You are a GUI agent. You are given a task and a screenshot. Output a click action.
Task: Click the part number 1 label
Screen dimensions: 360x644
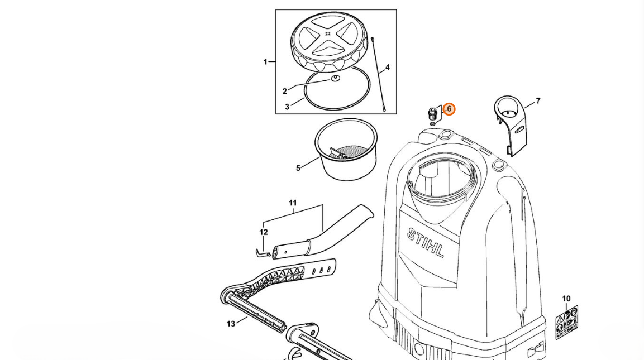tap(265, 62)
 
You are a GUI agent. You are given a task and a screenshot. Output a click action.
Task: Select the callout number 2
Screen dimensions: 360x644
tap(285, 91)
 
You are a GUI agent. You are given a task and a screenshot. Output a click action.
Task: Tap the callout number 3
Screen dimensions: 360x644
tap(287, 106)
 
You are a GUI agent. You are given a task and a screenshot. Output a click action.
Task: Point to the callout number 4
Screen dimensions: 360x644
tap(387, 68)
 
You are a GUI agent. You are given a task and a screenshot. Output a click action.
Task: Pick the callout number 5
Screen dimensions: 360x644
tap(298, 167)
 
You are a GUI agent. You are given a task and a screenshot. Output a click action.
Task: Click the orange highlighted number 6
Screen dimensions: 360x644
tap(449, 109)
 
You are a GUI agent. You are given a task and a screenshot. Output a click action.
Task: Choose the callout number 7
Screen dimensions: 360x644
tap(538, 101)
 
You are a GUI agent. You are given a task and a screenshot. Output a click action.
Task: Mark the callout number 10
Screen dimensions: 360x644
tap(566, 299)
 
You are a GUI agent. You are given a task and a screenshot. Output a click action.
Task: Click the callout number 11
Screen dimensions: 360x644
tap(293, 203)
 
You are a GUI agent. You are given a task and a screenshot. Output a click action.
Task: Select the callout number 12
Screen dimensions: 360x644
tap(264, 232)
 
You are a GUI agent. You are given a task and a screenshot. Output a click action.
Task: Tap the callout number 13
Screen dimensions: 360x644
tap(231, 324)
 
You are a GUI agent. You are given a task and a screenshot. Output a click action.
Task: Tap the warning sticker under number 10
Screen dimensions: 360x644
tap(566, 322)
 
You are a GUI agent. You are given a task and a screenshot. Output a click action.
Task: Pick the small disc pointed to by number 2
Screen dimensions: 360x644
tap(335, 78)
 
